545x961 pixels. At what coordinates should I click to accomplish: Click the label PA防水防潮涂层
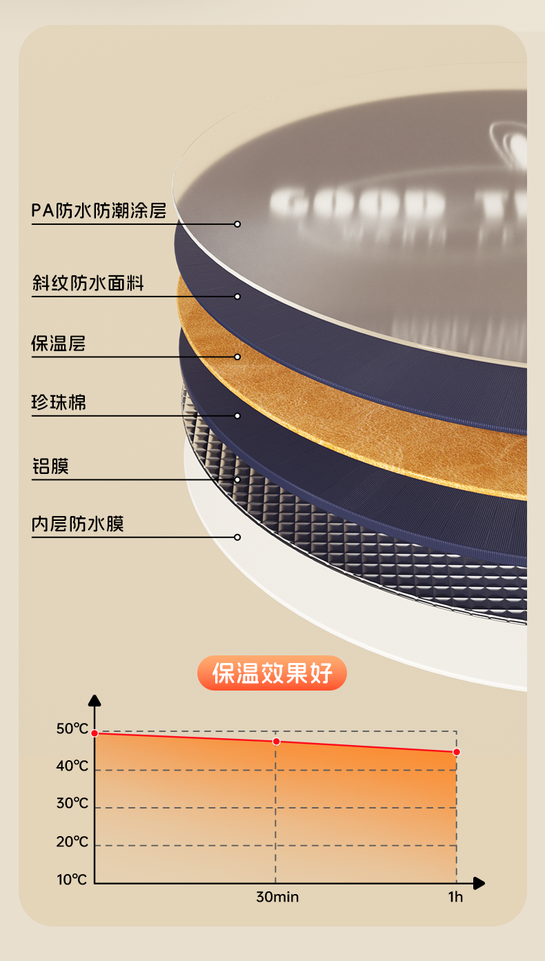[x=99, y=210]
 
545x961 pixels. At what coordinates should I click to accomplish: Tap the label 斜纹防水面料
[x=88, y=283]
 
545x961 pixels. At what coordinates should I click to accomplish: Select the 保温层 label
[x=59, y=343]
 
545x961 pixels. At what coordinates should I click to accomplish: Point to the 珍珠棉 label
[x=59, y=402]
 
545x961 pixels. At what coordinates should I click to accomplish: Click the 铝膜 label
[x=50, y=466]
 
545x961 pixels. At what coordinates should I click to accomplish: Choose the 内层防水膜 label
[x=78, y=524]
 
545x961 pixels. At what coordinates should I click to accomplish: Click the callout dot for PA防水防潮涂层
[x=237, y=224]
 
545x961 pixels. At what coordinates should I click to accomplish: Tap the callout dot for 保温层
[x=237, y=357]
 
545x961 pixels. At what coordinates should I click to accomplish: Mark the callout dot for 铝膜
[x=237, y=479]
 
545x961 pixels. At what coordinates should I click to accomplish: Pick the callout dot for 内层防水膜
[x=237, y=537]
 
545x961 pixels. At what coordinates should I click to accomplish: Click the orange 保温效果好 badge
[x=272, y=673]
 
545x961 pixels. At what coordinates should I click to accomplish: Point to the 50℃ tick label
[x=72, y=729]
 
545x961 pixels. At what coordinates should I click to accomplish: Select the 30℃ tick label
[x=72, y=804]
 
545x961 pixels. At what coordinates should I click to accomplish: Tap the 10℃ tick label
[x=72, y=880]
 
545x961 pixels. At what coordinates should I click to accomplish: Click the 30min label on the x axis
[x=277, y=898]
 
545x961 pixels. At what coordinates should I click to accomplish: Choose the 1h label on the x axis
[x=455, y=898]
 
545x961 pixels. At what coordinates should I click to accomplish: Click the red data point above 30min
[x=277, y=742]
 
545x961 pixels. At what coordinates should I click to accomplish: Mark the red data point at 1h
[x=456, y=752]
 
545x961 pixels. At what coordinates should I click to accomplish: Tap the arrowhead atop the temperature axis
[x=95, y=700]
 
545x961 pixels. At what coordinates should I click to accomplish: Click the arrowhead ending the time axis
[x=479, y=883]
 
